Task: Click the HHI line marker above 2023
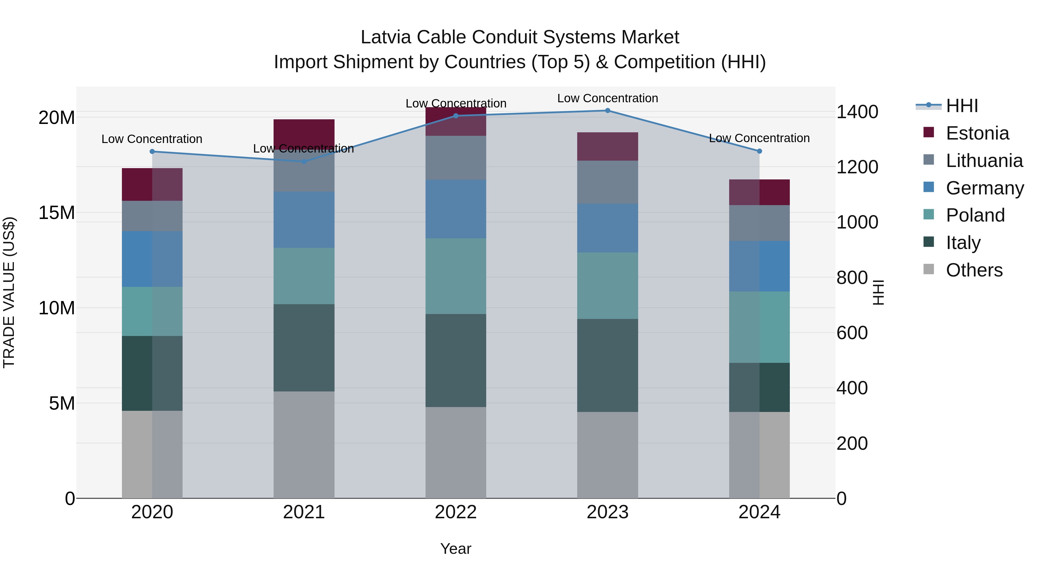point(607,111)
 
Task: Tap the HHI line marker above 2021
point(304,161)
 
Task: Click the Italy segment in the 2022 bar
point(456,360)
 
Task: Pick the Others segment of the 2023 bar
point(607,455)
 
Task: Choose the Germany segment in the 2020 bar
point(152,259)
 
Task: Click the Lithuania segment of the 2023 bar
point(607,182)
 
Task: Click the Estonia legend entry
point(977,133)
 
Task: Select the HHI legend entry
point(962,106)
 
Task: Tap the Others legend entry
point(974,270)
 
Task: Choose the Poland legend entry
point(975,215)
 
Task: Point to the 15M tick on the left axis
point(57,213)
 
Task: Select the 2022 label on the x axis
point(456,512)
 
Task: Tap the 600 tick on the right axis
point(852,333)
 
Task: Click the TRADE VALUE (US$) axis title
point(9,292)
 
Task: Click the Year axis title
point(456,549)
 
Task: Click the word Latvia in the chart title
point(386,37)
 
